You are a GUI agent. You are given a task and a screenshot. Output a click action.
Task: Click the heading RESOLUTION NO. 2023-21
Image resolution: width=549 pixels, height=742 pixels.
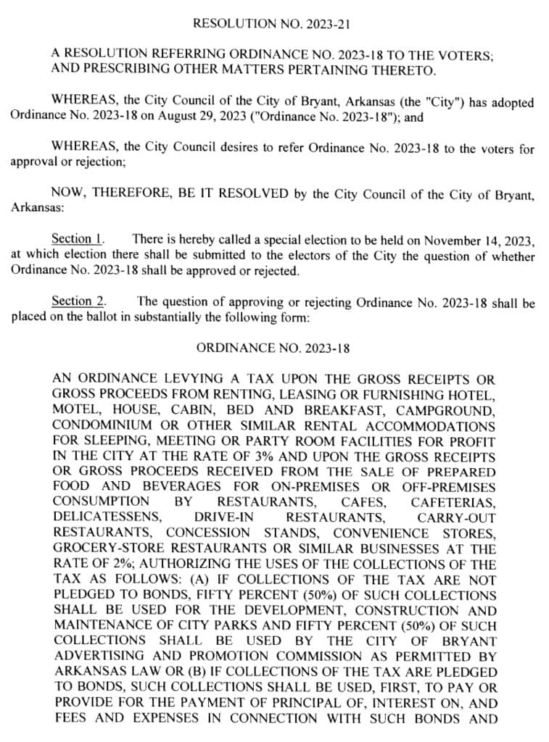pyautogui.click(x=273, y=23)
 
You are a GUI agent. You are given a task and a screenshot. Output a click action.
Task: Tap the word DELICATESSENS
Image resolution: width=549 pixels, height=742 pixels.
pyautogui.click(x=104, y=517)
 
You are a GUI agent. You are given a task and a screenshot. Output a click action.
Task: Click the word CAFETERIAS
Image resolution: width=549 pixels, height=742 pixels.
pyautogui.click(x=453, y=501)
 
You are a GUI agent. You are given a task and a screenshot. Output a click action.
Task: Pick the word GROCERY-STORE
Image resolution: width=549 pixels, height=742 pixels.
pyautogui.click(x=101, y=549)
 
